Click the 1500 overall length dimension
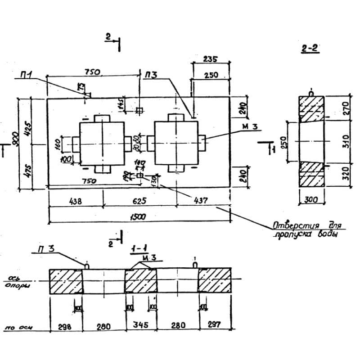[139, 217]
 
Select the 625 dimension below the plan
[139, 202]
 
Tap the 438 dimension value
[75, 202]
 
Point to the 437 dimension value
[201, 202]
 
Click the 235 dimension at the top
[211, 59]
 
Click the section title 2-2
[310, 49]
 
